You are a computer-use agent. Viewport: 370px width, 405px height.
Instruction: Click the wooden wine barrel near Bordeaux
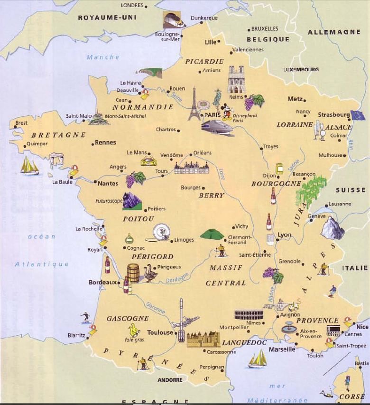133,273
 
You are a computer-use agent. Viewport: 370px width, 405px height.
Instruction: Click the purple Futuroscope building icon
132,201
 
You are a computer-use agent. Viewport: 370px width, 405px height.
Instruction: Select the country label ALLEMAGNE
334,32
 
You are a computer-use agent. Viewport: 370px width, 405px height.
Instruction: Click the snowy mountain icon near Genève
332,228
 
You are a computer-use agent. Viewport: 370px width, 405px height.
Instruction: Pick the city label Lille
210,42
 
